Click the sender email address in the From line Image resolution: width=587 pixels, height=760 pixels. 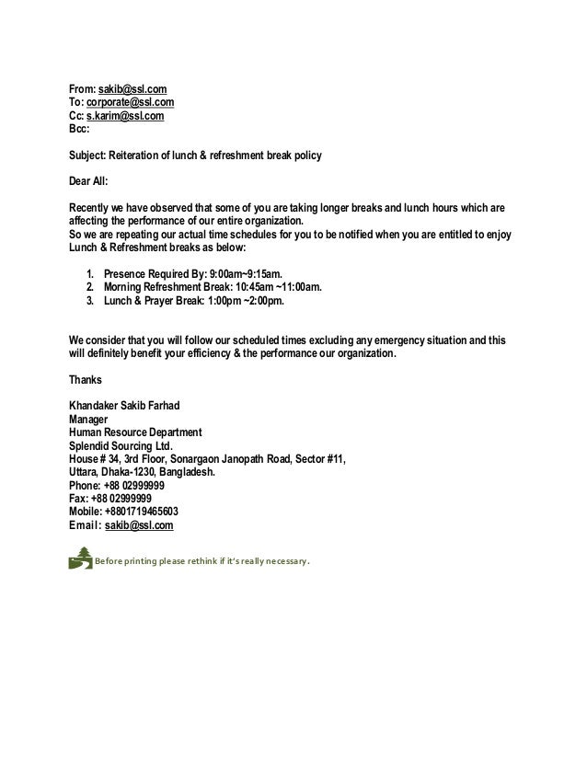click(x=132, y=89)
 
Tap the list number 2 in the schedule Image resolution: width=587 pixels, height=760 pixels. click(x=89, y=287)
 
